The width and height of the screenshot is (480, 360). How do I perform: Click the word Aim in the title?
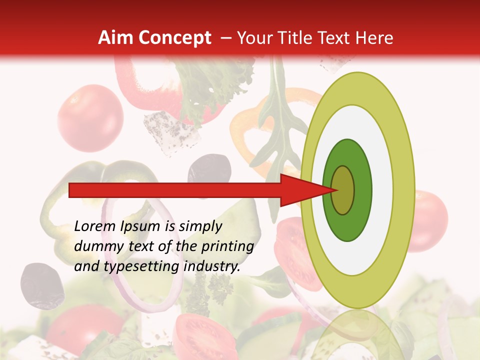point(114,38)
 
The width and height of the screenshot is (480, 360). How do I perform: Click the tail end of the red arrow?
point(70,190)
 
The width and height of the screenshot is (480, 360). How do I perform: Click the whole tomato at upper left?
point(90,118)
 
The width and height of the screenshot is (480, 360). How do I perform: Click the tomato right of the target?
point(430,220)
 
